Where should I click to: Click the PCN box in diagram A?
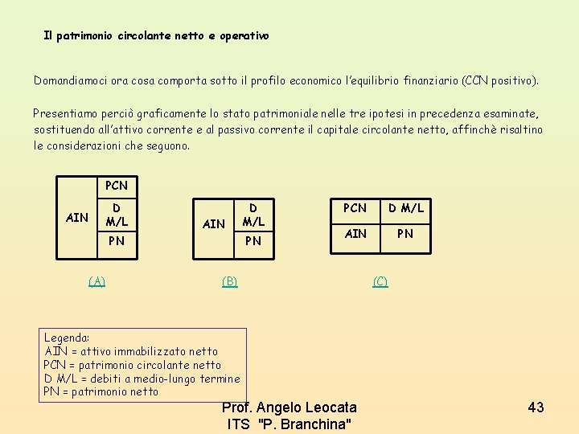(117, 186)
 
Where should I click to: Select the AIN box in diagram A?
(77, 217)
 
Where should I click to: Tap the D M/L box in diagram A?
(117, 214)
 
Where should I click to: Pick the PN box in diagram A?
(117, 240)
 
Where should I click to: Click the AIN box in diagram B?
(213, 223)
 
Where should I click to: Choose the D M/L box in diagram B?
(253, 214)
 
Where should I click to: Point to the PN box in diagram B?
(253, 240)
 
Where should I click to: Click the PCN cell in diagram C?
(355, 209)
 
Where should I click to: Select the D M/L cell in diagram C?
(405, 209)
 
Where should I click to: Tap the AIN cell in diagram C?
(355, 234)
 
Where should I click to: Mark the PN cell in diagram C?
(405, 234)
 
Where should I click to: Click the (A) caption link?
(96, 280)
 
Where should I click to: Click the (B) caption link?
(230, 280)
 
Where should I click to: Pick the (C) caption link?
(380, 280)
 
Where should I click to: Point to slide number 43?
(536, 407)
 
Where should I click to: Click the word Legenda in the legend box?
(67, 338)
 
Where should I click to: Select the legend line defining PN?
(101, 392)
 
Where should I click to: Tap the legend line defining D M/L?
(142, 379)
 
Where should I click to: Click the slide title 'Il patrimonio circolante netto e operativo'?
(156, 36)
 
